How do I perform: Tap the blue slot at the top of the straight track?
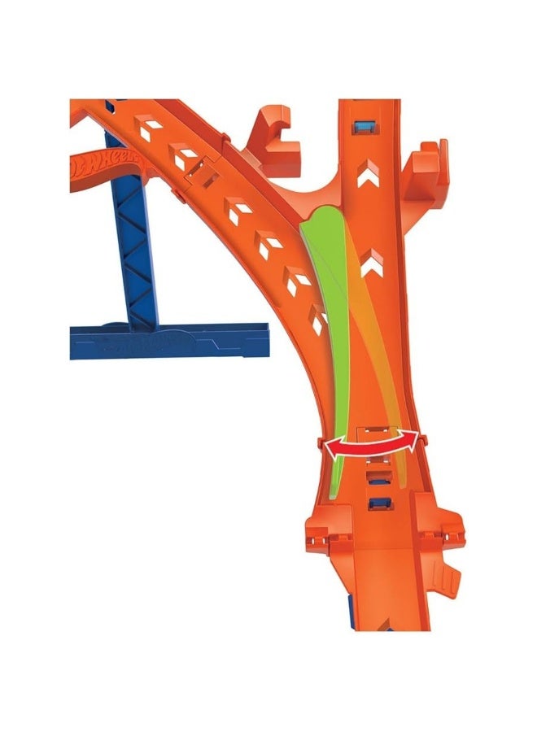(x=365, y=124)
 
